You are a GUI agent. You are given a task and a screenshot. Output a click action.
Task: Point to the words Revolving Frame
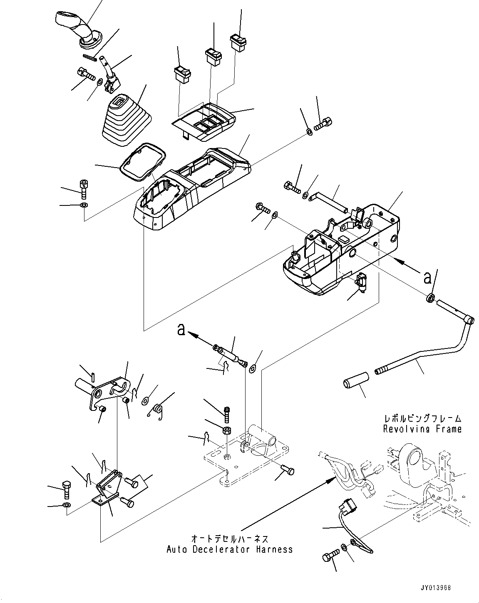(422, 429)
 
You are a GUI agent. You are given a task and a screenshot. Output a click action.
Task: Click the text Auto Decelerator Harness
(230, 549)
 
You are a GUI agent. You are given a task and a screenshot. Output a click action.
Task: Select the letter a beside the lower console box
(427, 278)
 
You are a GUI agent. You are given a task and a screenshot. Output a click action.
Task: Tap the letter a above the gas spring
(180, 329)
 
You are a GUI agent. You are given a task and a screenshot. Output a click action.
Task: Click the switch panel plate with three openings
(204, 121)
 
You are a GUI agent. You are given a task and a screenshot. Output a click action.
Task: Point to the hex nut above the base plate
(227, 430)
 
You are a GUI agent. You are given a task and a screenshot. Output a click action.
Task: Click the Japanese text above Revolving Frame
(422, 419)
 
